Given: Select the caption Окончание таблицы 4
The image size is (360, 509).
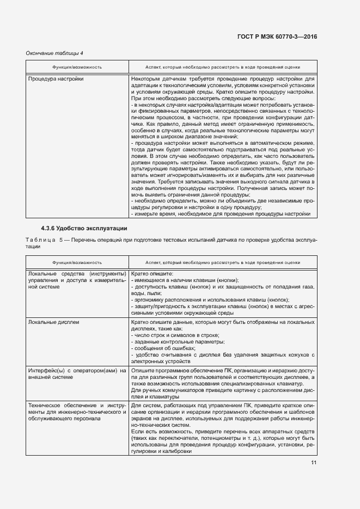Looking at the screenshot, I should [x=54, y=53].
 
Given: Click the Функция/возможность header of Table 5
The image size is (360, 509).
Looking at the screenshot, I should [x=77, y=261].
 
